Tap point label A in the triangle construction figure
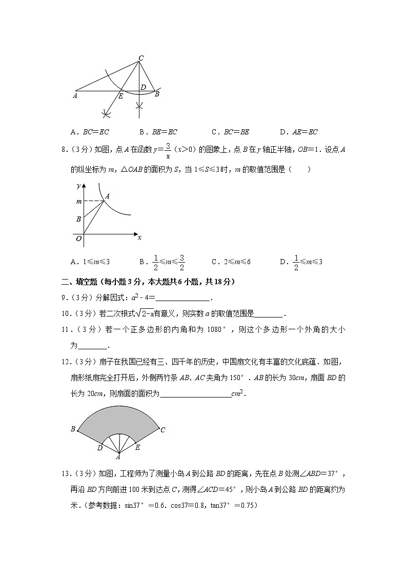(75, 95)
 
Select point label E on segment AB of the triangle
(121, 96)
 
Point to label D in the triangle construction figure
(143, 87)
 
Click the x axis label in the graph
(139, 237)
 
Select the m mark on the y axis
(78, 202)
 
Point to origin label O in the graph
(78, 239)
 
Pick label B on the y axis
(78, 219)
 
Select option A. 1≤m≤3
(91, 262)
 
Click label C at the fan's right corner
(162, 430)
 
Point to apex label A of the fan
(118, 457)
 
